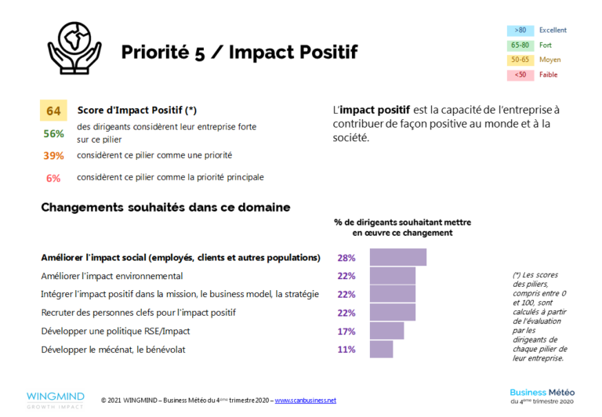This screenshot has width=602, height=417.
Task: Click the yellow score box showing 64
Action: pyautogui.click(x=53, y=111)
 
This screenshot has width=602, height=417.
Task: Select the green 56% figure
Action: pyautogui.click(x=53, y=133)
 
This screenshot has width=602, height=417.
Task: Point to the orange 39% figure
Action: pyautogui.click(x=53, y=155)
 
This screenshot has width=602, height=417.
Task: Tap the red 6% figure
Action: pyautogui.click(x=53, y=178)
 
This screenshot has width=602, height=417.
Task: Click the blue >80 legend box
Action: pyautogui.click(x=520, y=31)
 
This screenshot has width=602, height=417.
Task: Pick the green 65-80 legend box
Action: pyautogui.click(x=520, y=45)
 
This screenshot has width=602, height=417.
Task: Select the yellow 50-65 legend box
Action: pyautogui.click(x=520, y=60)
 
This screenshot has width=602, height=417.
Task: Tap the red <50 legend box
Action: pyautogui.click(x=520, y=75)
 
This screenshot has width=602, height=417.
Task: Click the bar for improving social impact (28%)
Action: pyautogui.click(x=397, y=258)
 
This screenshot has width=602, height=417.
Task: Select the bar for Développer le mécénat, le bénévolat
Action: pyautogui.click(x=381, y=350)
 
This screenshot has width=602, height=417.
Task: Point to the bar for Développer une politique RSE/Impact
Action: pyautogui.click(x=386, y=332)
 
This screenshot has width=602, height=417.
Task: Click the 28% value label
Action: pyautogui.click(x=346, y=258)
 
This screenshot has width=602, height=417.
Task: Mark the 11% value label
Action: pyautogui.click(x=346, y=350)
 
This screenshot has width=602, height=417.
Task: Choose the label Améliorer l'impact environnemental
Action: pyautogui.click(x=111, y=276)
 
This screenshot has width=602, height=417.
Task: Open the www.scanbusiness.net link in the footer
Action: pyautogui.click(x=305, y=401)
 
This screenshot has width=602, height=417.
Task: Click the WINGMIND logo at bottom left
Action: pyautogui.click(x=56, y=398)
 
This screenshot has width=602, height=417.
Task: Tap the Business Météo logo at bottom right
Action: pyautogui.click(x=542, y=396)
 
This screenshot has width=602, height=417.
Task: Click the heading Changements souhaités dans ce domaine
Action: pyautogui.click(x=165, y=208)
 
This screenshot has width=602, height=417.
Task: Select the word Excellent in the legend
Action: pyautogui.click(x=553, y=31)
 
